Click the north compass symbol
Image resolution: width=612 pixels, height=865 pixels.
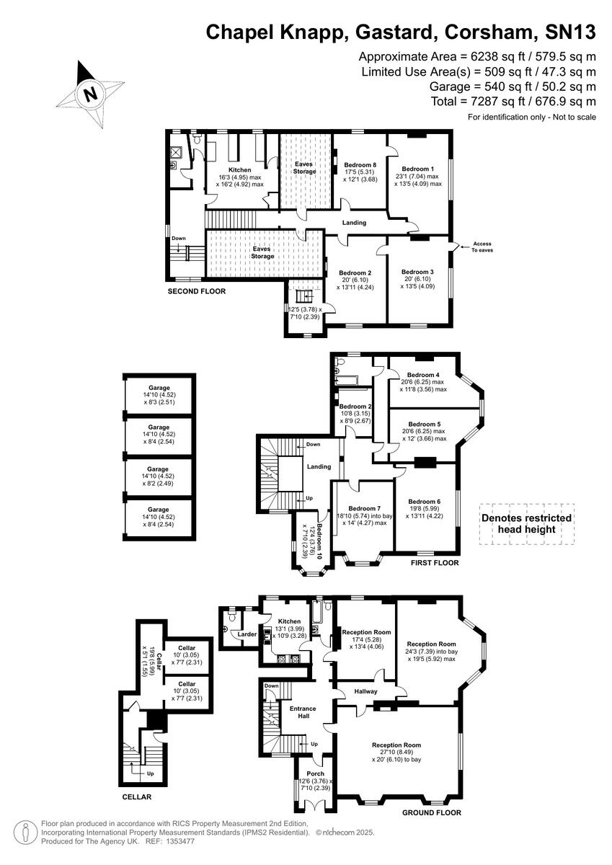click(x=90, y=93)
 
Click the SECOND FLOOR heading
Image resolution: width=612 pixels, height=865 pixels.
click(x=197, y=292)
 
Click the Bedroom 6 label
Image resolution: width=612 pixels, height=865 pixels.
click(x=425, y=502)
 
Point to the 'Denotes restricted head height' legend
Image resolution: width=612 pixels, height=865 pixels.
click(x=526, y=523)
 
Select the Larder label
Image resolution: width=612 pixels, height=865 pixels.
click(x=248, y=634)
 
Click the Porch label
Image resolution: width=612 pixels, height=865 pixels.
click(x=316, y=774)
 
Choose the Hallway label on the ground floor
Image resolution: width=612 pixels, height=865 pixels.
click(x=366, y=691)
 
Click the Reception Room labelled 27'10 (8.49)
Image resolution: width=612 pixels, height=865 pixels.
click(x=396, y=750)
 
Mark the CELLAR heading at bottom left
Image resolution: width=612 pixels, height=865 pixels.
click(x=136, y=797)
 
